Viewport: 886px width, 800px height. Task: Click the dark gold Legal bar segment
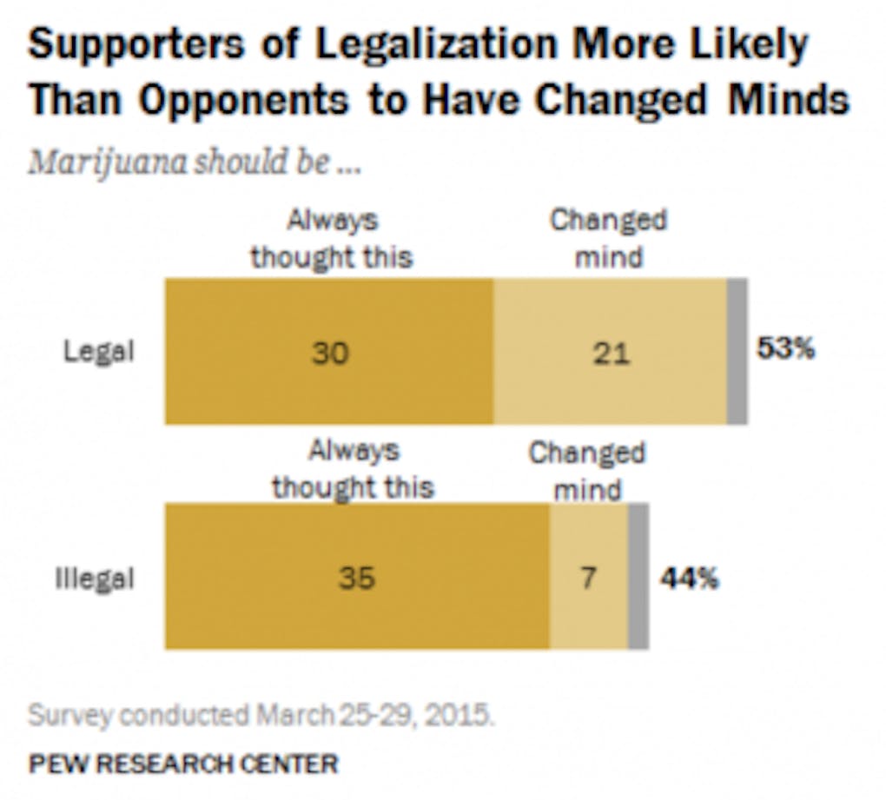pyautogui.click(x=261, y=391)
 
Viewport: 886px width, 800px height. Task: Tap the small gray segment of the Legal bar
pyautogui.click(x=737, y=352)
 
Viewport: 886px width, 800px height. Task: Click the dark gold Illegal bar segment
pyautogui.click(x=261, y=617)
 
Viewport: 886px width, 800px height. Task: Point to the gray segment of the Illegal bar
pyautogui.click(x=638, y=577)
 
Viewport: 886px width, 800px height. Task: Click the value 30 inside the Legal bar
pyautogui.click(x=331, y=353)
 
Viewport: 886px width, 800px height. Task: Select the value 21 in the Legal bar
pyautogui.click(x=610, y=353)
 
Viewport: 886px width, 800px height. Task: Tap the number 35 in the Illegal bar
pyautogui.click(x=356, y=578)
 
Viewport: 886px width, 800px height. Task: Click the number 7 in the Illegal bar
pyautogui.click(x=588, y=578)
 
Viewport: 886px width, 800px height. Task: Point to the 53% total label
pyautogui.click(x=785, y=350)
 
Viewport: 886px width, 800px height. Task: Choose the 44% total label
pyautogui.click(x=689, y=578)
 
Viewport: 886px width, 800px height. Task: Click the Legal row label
pyautogui.click(x=99, y=352)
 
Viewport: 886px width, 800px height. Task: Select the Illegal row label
pyautogui.click(x=95, y=578)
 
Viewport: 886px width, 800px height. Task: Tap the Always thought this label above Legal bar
pyautogui.click(x=332, y=238)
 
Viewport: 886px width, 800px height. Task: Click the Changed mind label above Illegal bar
pyautogui.click(x=587, y=470)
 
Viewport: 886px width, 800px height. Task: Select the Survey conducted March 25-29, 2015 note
pyautogui.click(x=261, y=716)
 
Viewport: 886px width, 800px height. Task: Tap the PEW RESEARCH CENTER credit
pyautogui.click(x=183, y=764)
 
